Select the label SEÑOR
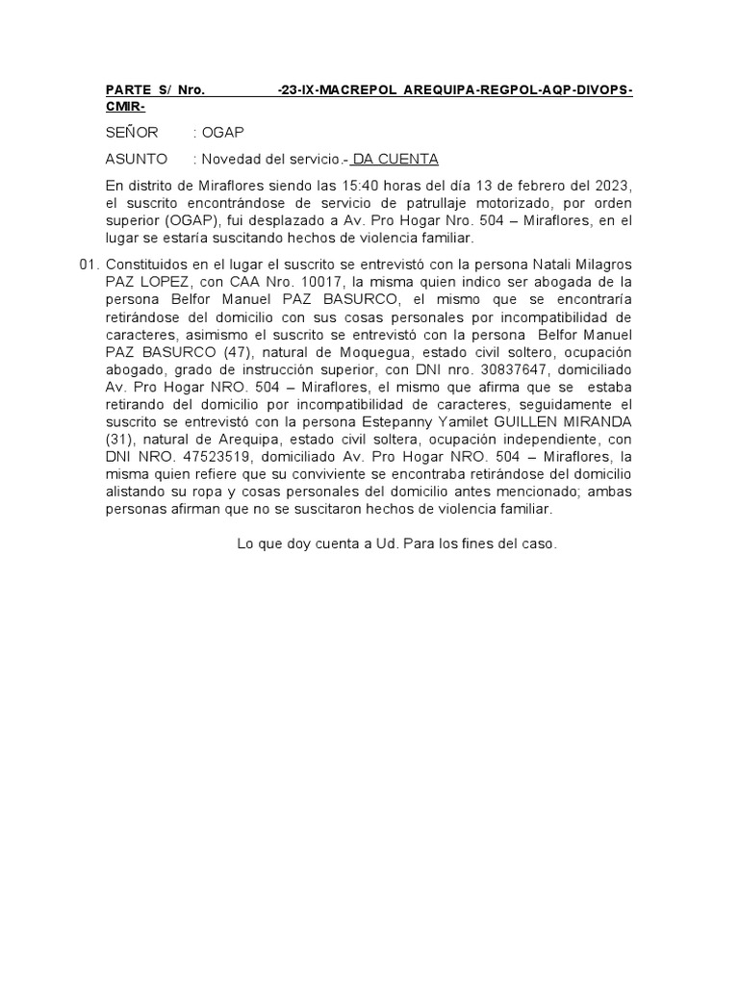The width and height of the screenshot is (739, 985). pyautogui.click(x=132, y=133)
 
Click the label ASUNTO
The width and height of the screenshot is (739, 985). pyautogui.click(x=136, y=159)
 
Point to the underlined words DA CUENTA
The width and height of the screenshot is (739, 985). pyautogui.click(x=395, y=159)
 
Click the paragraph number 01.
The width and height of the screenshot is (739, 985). pyautogui.click(x=88, y=265)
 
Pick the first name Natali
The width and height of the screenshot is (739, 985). pyautogui.click(x=521, y=265)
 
